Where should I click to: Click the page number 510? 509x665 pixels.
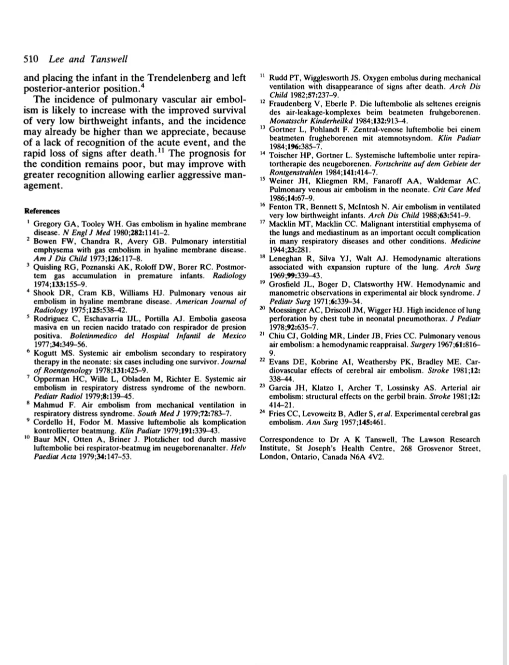click(31, 59)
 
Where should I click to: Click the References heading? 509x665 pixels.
click(42, 211)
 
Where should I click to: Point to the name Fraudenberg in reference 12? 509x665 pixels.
click(293, 104)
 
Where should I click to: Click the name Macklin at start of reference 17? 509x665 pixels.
click(283, 224)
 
